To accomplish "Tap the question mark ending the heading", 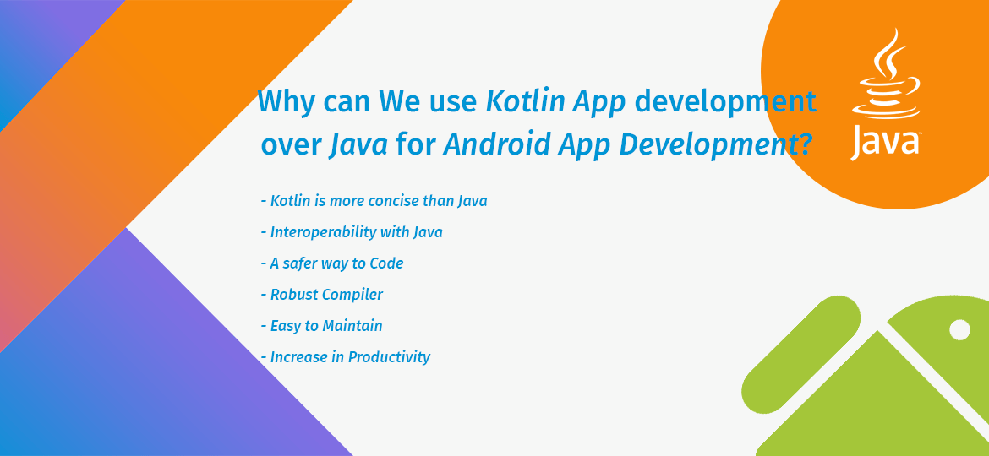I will click(805, 145).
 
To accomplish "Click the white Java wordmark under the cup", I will click(885, 142).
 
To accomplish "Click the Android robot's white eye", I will click(959, 329).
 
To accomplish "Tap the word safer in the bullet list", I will click(307, 263).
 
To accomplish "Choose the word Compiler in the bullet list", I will click(352, 295).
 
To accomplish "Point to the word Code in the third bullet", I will click(386, 263).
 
